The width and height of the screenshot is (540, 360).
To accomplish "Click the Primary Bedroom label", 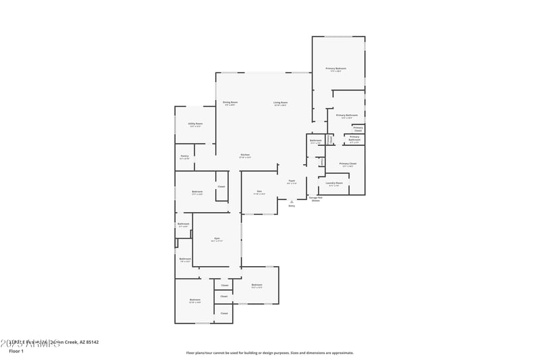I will [x=336, y=68].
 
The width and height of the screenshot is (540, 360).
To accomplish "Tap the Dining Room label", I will [x=230, y=102].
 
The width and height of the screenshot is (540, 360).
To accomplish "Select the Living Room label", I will [x=280, y=102].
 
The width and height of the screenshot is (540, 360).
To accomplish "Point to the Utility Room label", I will [x=195, y=124].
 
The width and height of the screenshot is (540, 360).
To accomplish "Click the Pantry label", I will [x=184, y=156].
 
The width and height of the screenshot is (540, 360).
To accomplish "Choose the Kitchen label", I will [x=245, y=155].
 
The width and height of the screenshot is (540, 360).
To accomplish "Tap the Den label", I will [x=259, y=191].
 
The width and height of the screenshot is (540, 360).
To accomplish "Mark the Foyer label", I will [x=292, y=180].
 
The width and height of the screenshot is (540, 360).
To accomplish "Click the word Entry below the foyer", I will [x=292, y=205].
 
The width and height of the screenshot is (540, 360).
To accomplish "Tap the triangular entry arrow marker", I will [x=292, y=201].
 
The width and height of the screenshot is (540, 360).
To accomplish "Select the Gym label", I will [x=217, y=238].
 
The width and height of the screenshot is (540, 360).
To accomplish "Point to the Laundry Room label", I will [x=335, y=182].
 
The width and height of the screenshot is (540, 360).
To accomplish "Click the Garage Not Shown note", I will [x=315, y=199].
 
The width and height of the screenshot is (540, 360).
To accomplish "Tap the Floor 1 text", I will [x=16, y=351].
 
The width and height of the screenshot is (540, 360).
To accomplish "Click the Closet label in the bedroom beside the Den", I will [x=221, y=186].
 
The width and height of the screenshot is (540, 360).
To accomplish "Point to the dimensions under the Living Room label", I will [x=280, y=105].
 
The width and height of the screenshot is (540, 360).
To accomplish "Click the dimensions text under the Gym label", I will [x=217, y=241].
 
